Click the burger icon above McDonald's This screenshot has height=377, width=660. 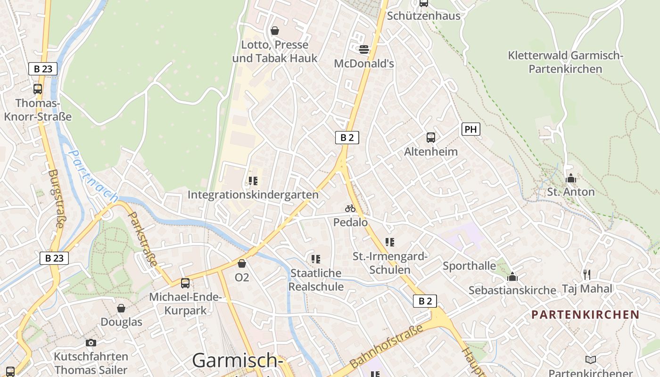(364, 49)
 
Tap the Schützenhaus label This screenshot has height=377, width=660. (423, 16)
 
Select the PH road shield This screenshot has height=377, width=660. (470, 129)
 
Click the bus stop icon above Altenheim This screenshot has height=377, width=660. (431, 138)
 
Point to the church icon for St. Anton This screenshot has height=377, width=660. (571, 179)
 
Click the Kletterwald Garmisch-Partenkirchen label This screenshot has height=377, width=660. (565, 62)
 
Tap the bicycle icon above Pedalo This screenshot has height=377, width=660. (350, 208)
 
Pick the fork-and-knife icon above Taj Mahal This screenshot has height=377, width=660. (587, 274)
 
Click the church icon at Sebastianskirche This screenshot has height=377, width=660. (512, 277)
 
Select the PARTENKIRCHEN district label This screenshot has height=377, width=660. (586, 315)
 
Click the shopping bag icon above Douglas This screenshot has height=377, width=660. (121, 308)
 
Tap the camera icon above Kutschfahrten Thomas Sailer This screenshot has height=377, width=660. (91, 343)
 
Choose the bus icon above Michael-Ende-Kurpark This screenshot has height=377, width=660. (185, 283)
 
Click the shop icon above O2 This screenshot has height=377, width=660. (242, 263)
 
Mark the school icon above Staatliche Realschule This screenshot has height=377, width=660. (316, 259)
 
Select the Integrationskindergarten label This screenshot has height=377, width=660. (253, 195)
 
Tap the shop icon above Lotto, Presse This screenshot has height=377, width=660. (275, 31)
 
